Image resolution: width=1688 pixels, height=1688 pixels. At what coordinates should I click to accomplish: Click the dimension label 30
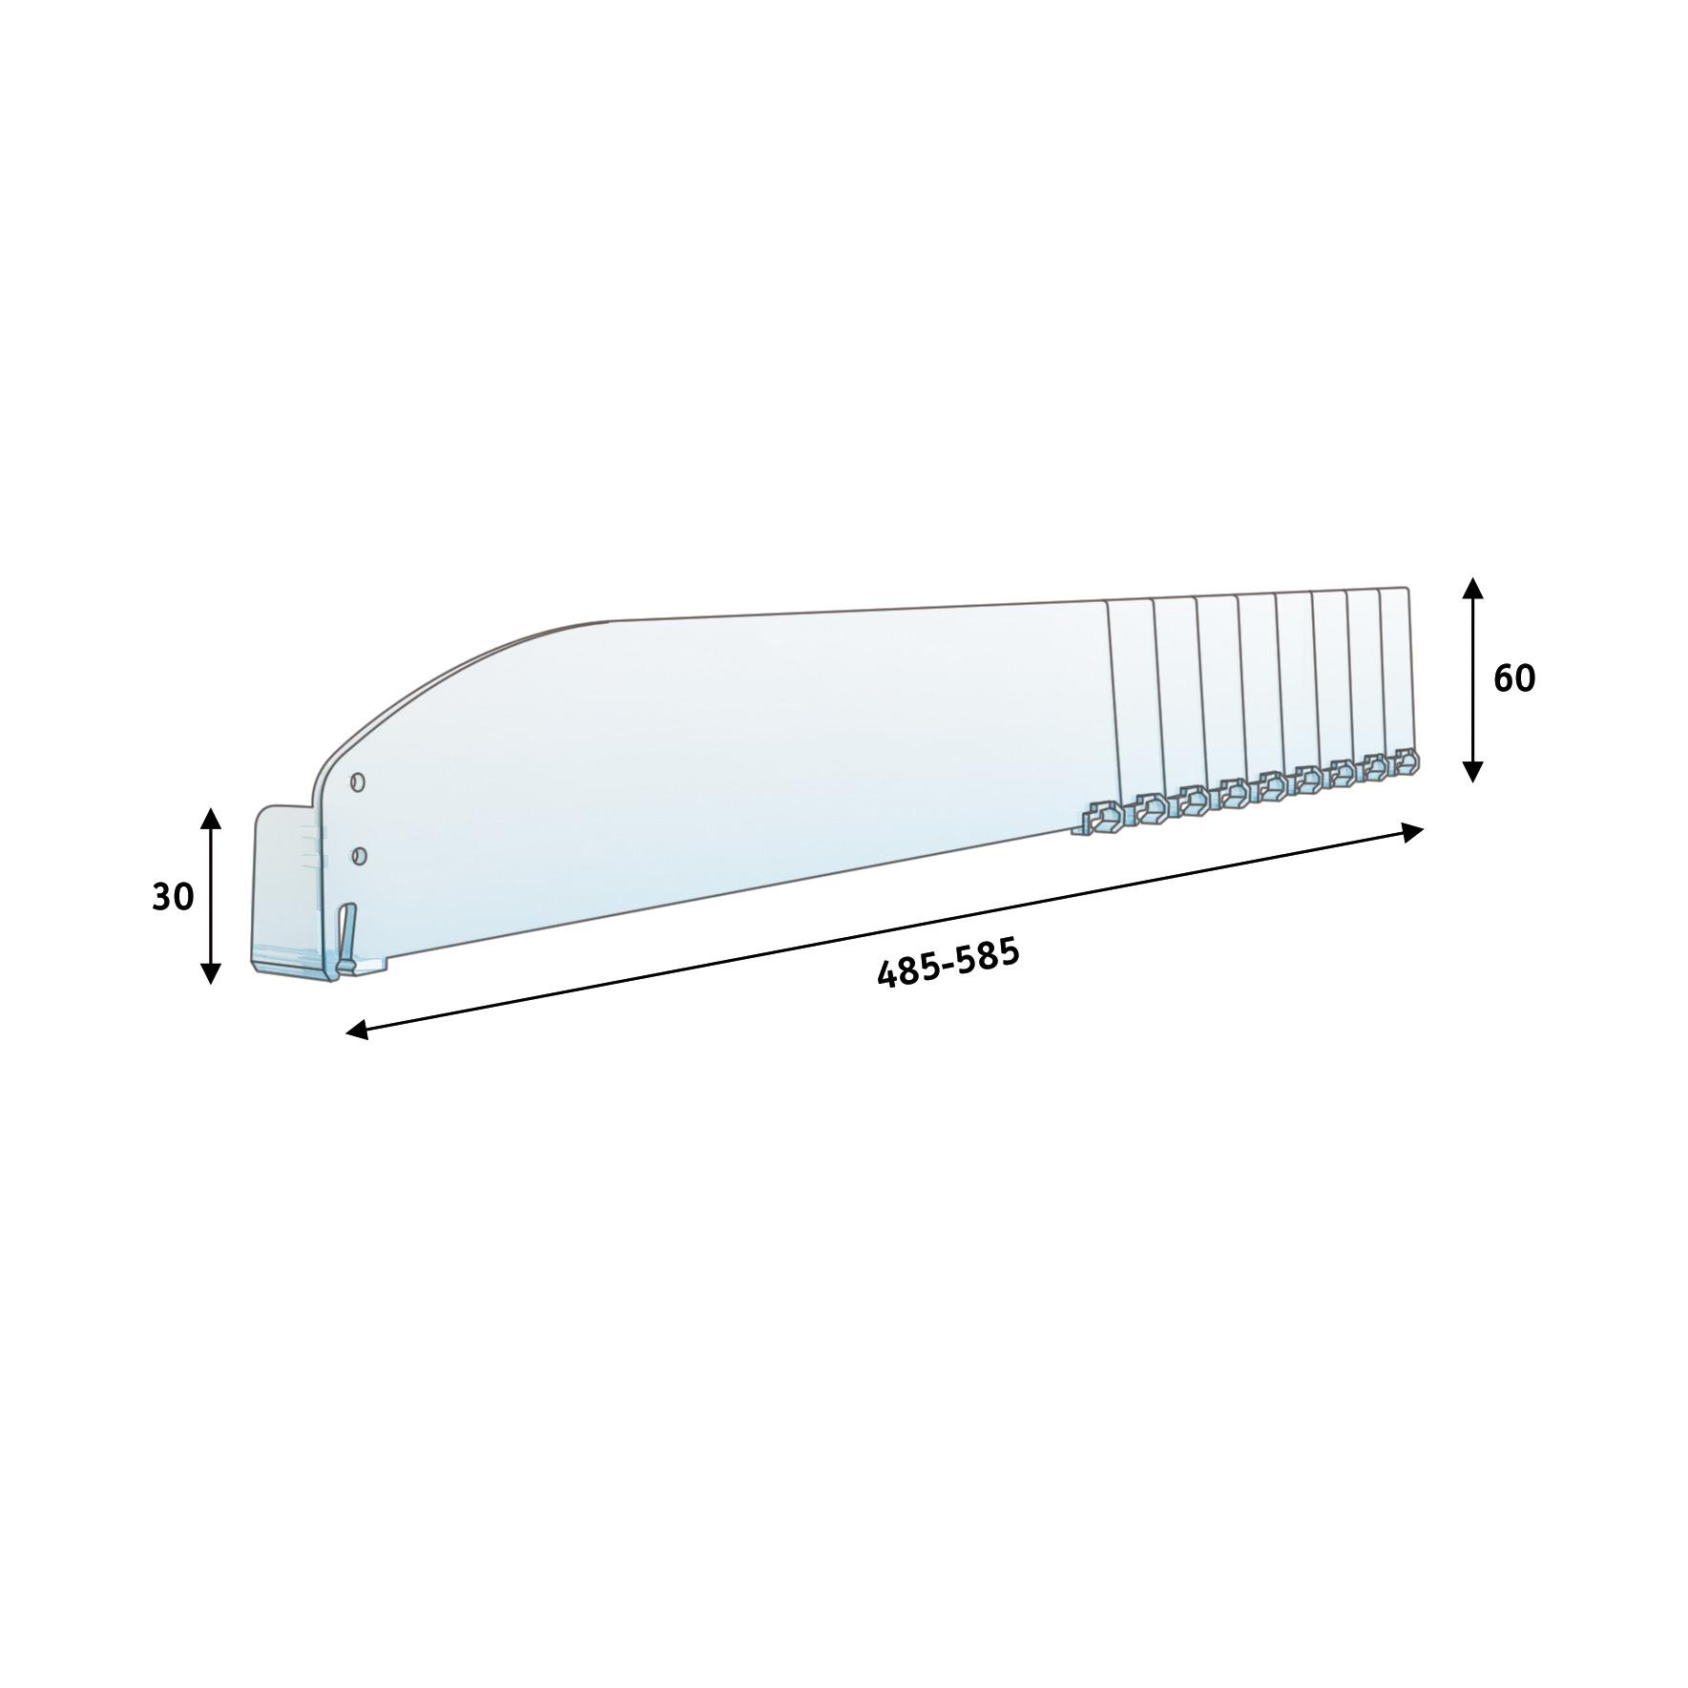173,897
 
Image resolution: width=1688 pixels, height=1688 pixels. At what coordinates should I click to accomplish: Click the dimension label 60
1514,678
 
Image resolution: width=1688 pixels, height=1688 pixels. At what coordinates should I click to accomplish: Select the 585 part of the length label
990,954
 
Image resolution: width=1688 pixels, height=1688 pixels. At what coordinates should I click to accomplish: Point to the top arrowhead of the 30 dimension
211,818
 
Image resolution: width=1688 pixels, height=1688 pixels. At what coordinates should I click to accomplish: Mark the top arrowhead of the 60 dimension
1472,589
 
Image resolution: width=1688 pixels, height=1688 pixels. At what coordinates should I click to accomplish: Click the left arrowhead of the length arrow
357,1029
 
